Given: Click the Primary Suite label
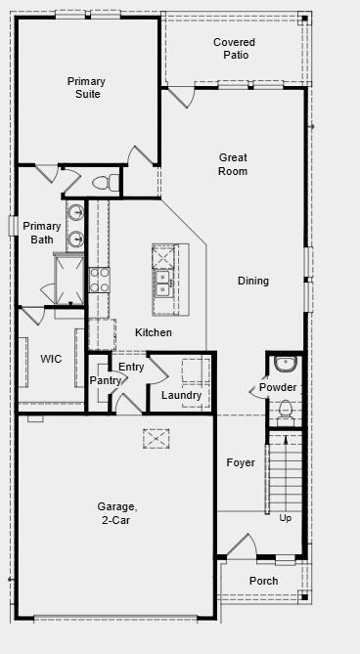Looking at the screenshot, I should coord(86,87).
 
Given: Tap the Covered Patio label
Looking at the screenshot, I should coord(234,49).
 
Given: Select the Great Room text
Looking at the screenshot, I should coord(233,164).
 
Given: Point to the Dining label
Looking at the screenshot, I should coord(252,282).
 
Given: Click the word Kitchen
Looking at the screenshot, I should coord(154,332).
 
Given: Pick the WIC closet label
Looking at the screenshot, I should coord(51,359).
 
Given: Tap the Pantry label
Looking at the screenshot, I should coord(105,379).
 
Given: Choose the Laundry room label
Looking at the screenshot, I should coord(181,395).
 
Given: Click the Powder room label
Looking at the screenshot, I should coord(278,387).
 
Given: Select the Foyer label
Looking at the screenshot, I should coord(241,462).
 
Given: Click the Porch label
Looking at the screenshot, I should coord(263,581).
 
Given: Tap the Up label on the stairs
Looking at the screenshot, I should coord(286,517).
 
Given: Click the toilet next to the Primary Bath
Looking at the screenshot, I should coord(102,183).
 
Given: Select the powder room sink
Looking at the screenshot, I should coord(285,364).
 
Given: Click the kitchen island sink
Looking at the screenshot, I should coord(162,284).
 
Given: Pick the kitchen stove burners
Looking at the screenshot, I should coord(100,281).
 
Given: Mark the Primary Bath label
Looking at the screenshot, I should coord(42,233).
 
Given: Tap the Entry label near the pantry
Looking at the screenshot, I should coord(131,367).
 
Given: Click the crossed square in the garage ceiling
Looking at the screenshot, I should coord(157,439).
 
